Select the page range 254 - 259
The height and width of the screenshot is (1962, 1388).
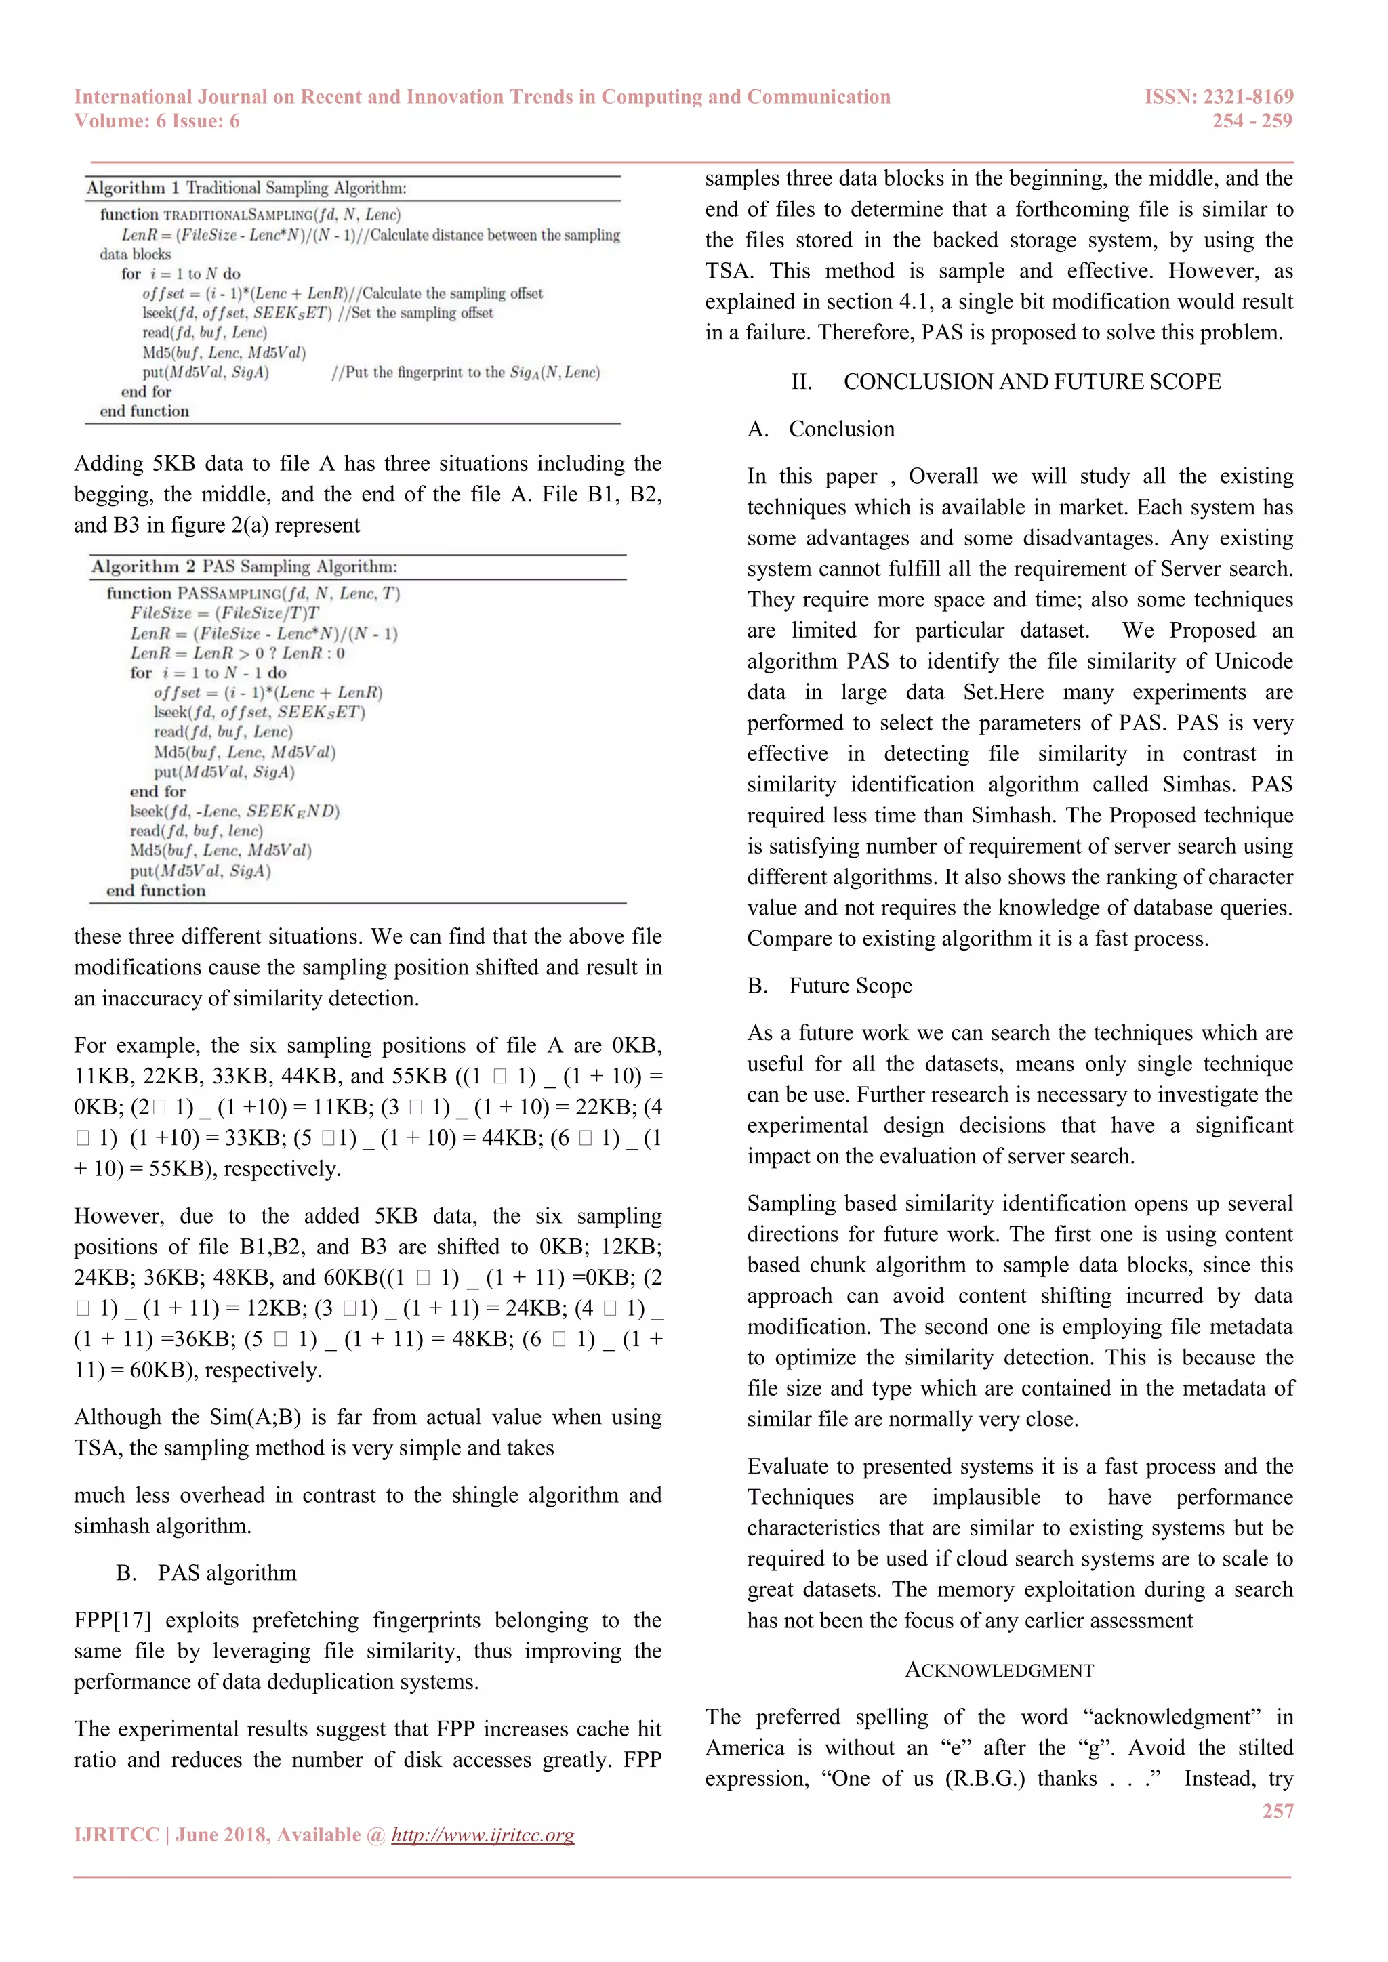click(1251, 121)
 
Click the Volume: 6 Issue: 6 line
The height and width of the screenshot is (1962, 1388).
click(157, 121)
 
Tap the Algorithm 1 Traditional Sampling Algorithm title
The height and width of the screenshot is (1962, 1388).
click(246, 188)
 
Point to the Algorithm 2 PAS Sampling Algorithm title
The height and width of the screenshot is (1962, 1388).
click(245, 566)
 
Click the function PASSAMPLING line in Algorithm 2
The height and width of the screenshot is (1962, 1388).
click(253, 593)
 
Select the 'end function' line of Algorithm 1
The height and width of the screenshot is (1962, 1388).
click(144, 411)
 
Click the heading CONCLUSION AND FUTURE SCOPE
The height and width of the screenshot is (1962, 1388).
click(1032, 382)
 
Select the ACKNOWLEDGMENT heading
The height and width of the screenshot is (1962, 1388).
click(999, 1671)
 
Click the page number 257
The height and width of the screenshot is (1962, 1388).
click(1277, 1811)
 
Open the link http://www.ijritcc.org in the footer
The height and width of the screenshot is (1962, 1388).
click(483, 1835)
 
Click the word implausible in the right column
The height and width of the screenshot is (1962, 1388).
click(985, 1497)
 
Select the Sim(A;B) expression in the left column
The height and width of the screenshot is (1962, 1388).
click(255, 1418)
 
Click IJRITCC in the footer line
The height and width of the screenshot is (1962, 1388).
click(117, 1835)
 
